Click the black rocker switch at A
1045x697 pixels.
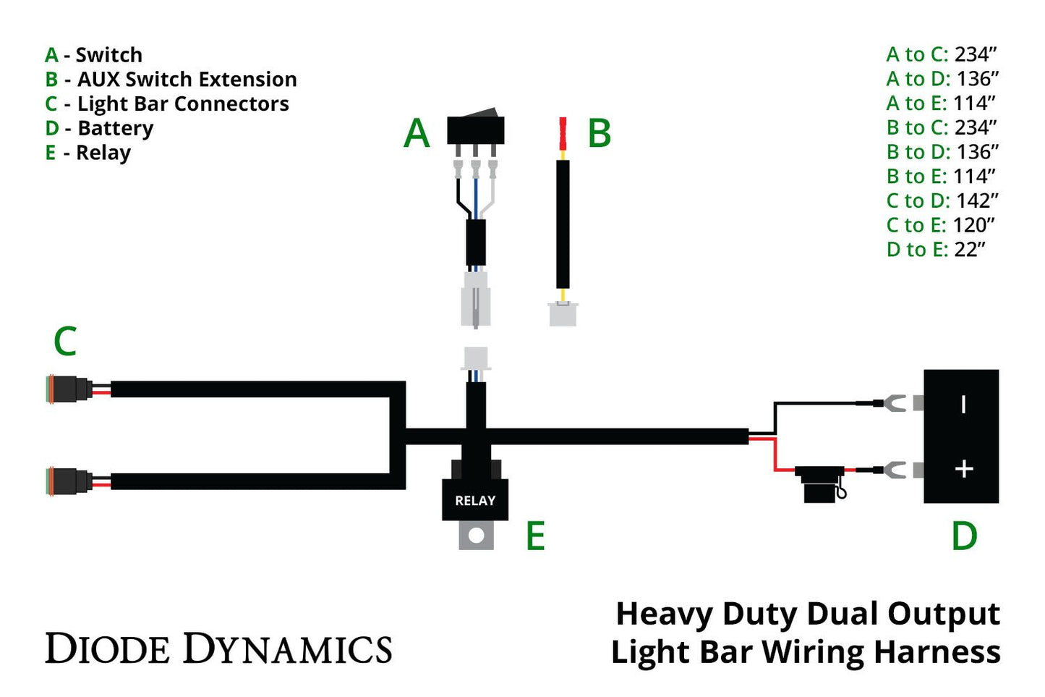pyautogui.click(x=475, y=128)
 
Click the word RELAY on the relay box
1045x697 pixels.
pyautogui.click(x=475, y=501)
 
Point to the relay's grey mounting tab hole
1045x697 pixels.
pyautogui.click(x=476, y=536)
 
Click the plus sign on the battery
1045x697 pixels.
pyautogui.click(x=963, y=469)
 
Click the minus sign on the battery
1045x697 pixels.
pyautogui.click(x=963, y=404)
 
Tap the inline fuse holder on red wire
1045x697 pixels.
pyautogui.click(x=821, y=483)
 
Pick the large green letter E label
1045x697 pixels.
pyautogui.click(x=535, y=536)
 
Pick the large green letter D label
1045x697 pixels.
pyautogui.click(x=964, y=536)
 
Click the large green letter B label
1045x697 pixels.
pyautogui.click(x=599, y=134)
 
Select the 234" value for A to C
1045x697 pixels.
pyautogui.click(x=976, y=54)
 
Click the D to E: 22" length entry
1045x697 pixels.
pyautogui.click(x=936, y=250)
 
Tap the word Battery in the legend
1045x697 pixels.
pyautogui.click(x=115, y=129)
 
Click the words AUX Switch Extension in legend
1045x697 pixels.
pyautogui.click(x=187, y=80)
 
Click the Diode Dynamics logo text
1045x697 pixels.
pyautogui.click(x=218, y=649)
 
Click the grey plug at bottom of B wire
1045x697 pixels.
pyautogui.click(x=563, y=314)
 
